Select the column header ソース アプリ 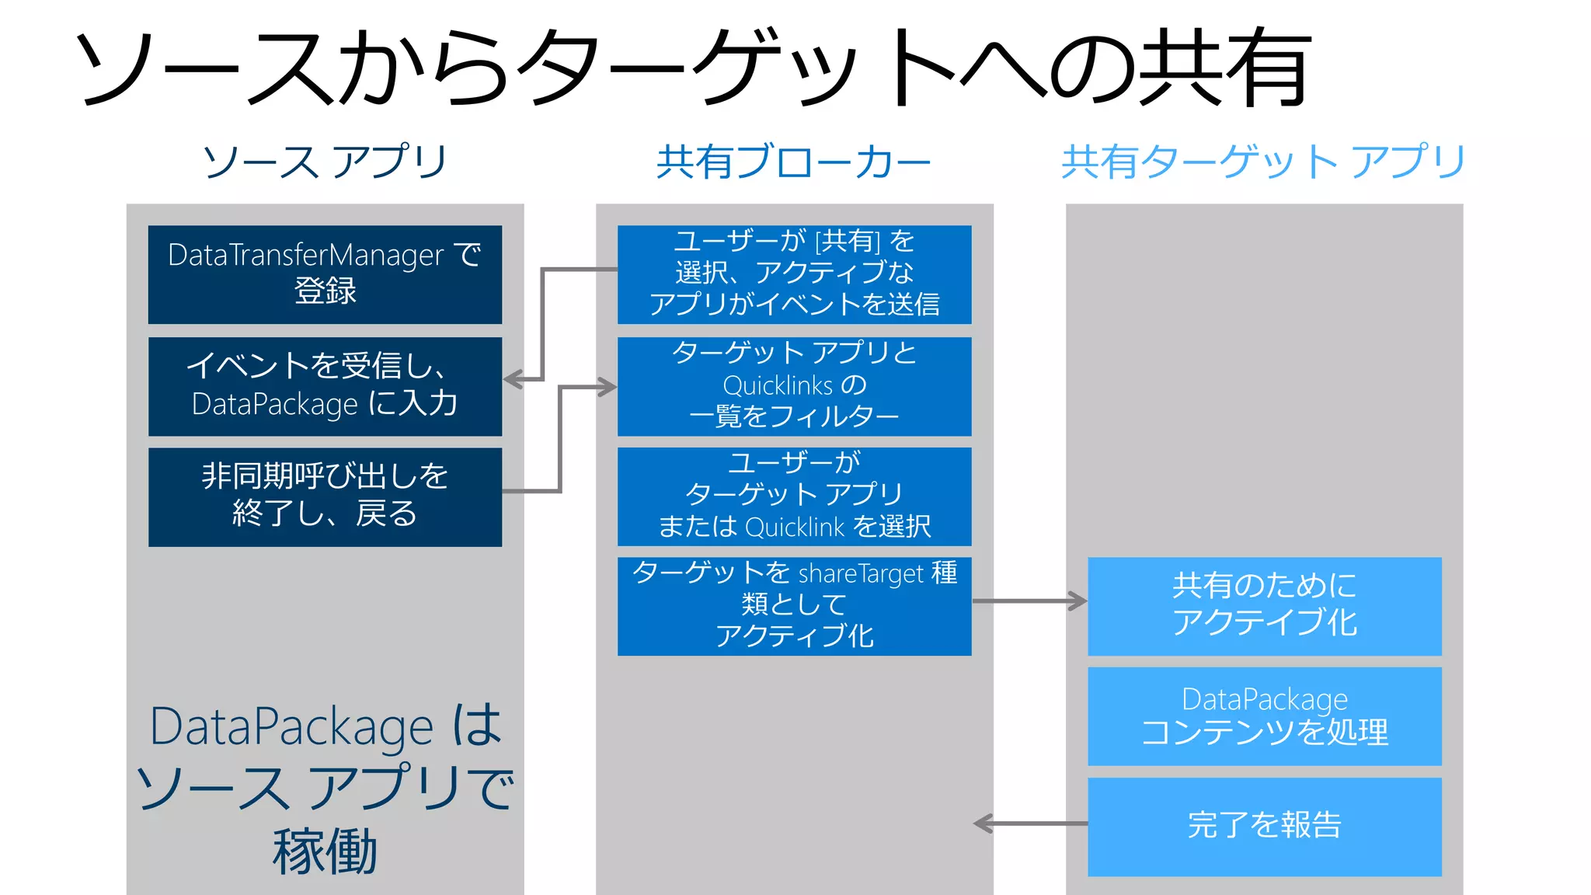pyautogui.click(x=325, y=162)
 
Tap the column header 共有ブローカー pyautogui.click(x=793, y=162)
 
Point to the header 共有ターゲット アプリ pyautogui.click(x=1263, y=162)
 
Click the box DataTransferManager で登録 pyautogui.click(x=325, y=274)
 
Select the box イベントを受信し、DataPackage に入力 pyautogui.click(x=325, y=386)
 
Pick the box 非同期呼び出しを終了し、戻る pyautogui.click(x=325, y=496)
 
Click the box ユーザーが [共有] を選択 pyautogui.click(x=794, y=274)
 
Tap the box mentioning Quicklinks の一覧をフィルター pyautogui.click(x=794, y=386)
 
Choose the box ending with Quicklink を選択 pyautogui.click(x=794, y=496)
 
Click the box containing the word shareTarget pyautogui.click(x=794, y=606)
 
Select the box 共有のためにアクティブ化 pyautogui.click(x=1264, y=606)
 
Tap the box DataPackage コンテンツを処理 pyautogui.click(x=1264, y=716)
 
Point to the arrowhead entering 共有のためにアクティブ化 pyautogui.click(x=1078, y=601)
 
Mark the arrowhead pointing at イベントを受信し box pyautogui.click(x=513, y=380)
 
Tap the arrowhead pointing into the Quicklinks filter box pyautogui.click(x=608, y=387)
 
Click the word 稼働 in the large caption pyautogui.click(x=325, y=852)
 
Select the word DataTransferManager pyautogui.click(x=305, y=255)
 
